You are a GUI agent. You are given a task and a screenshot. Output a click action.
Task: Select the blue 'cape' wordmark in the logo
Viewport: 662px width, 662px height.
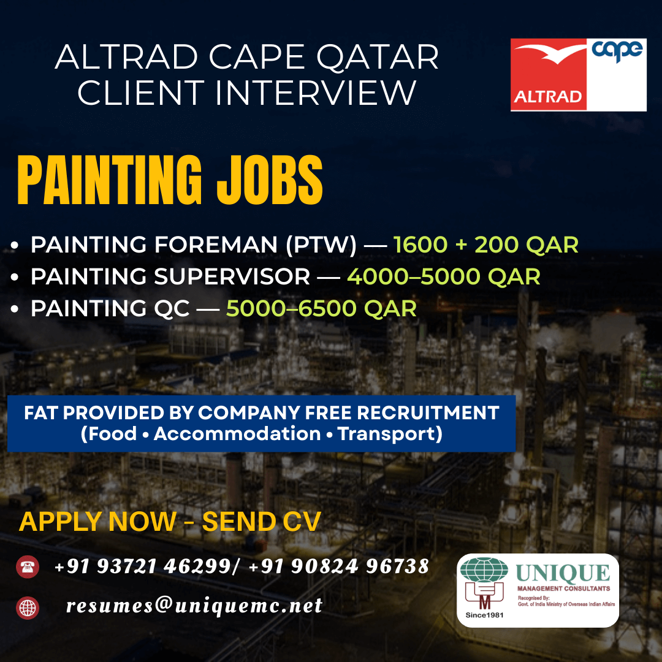click(617, 50)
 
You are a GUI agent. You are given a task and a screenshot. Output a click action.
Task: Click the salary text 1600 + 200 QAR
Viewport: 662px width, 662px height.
click(485, 245)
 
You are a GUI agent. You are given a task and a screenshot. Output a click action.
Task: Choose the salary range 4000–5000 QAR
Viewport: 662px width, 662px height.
click(444, 277)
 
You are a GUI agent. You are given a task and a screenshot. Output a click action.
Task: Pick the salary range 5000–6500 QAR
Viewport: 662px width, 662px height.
click(321, 308)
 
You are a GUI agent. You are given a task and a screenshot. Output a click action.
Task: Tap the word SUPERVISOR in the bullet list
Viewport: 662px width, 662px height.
click(232, 277)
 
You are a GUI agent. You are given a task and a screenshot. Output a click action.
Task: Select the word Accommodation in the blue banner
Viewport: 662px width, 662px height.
click(237, 434)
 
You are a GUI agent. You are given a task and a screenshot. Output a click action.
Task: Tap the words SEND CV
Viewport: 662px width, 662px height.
click(261, 522)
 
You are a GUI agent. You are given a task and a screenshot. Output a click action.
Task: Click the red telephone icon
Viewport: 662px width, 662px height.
click(28, 566)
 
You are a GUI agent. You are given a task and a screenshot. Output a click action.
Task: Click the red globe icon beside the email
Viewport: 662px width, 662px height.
click(28, 607)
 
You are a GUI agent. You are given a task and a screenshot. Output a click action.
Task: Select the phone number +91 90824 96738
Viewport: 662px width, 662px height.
click(339, 566)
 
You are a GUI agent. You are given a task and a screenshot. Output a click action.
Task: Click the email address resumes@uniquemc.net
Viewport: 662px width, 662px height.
click(194, 606)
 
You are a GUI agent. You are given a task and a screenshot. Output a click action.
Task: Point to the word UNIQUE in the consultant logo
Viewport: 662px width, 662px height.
click(563, 574)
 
